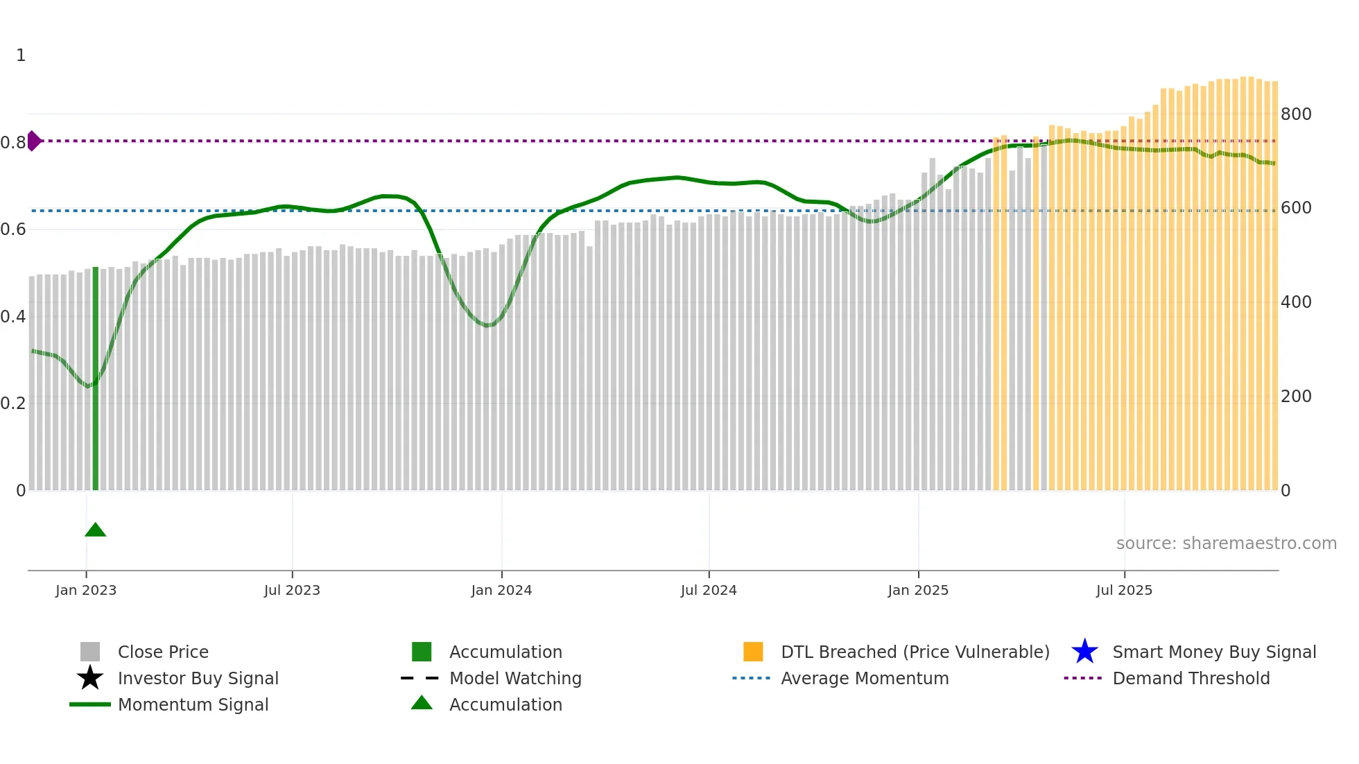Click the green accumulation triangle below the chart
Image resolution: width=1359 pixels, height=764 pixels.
click(95, 530)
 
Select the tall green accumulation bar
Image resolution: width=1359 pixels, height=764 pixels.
click(96, 378)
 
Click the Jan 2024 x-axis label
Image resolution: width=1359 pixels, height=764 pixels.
click(501, 590)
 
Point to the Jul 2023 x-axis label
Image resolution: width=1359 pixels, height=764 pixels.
click(292, 590)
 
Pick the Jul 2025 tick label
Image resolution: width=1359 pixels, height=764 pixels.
click(1124, 590)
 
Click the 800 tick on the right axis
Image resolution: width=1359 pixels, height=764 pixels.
click(1295, 114)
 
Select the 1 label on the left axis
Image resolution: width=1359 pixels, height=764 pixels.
click(21, 55)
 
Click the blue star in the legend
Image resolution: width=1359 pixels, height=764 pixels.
click(1084, 652)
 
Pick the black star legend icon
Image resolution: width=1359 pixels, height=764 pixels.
click(90, 678)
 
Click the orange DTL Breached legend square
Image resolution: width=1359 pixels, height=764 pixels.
click(753, 652)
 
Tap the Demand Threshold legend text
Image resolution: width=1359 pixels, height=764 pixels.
click(1191, 678)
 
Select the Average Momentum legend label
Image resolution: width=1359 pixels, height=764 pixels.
click(865, 678)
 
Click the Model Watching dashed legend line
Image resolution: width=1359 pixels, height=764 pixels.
click(420, 678)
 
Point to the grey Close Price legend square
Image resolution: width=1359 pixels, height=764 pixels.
click(90, 652)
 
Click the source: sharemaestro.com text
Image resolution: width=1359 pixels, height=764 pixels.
click(1226, 543)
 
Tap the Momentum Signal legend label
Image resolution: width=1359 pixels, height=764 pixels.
click(193, 704)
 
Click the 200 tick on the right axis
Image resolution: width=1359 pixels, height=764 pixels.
click(1295, 396)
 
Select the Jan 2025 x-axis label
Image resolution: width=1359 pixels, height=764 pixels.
click(918, 590)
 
